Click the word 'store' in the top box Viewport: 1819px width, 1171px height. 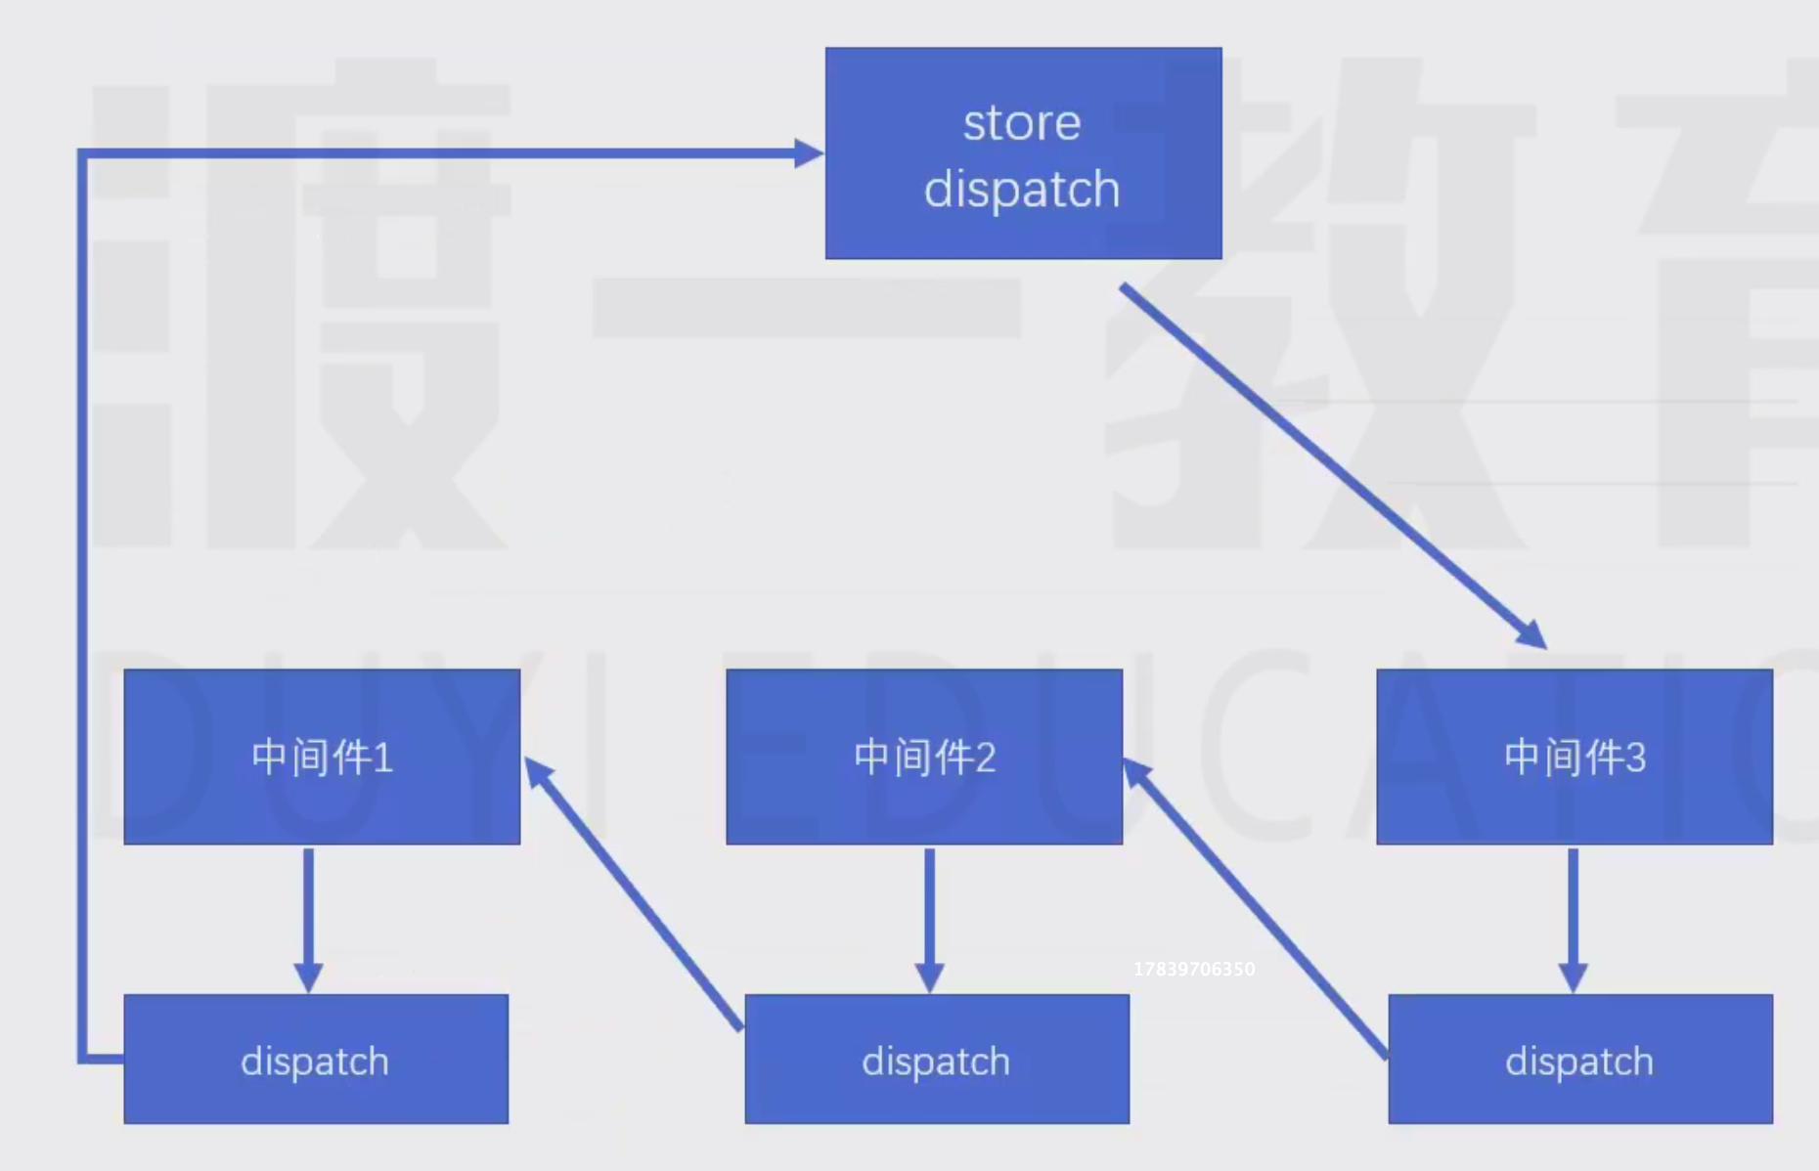point(1022,123)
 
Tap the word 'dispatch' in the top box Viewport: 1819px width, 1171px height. point(1022,189)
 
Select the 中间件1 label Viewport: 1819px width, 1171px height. point(322,758)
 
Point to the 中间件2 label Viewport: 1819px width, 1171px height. point(924,758)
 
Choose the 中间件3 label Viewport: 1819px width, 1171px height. point(1575,758)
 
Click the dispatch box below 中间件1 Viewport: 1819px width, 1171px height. point(316,1060)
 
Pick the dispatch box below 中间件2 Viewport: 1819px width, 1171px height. point(937,1060)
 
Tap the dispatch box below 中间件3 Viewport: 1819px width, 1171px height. point(1580,1060)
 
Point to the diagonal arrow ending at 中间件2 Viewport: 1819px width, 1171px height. point(1257,909)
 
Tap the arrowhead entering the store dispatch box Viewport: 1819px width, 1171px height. point(808,153)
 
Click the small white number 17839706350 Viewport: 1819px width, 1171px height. point(1194,969)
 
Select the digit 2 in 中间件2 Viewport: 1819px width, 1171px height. point(985,758)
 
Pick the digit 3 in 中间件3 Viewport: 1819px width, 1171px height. point(1635,758)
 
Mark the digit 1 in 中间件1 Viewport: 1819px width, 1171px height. point(382,758)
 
